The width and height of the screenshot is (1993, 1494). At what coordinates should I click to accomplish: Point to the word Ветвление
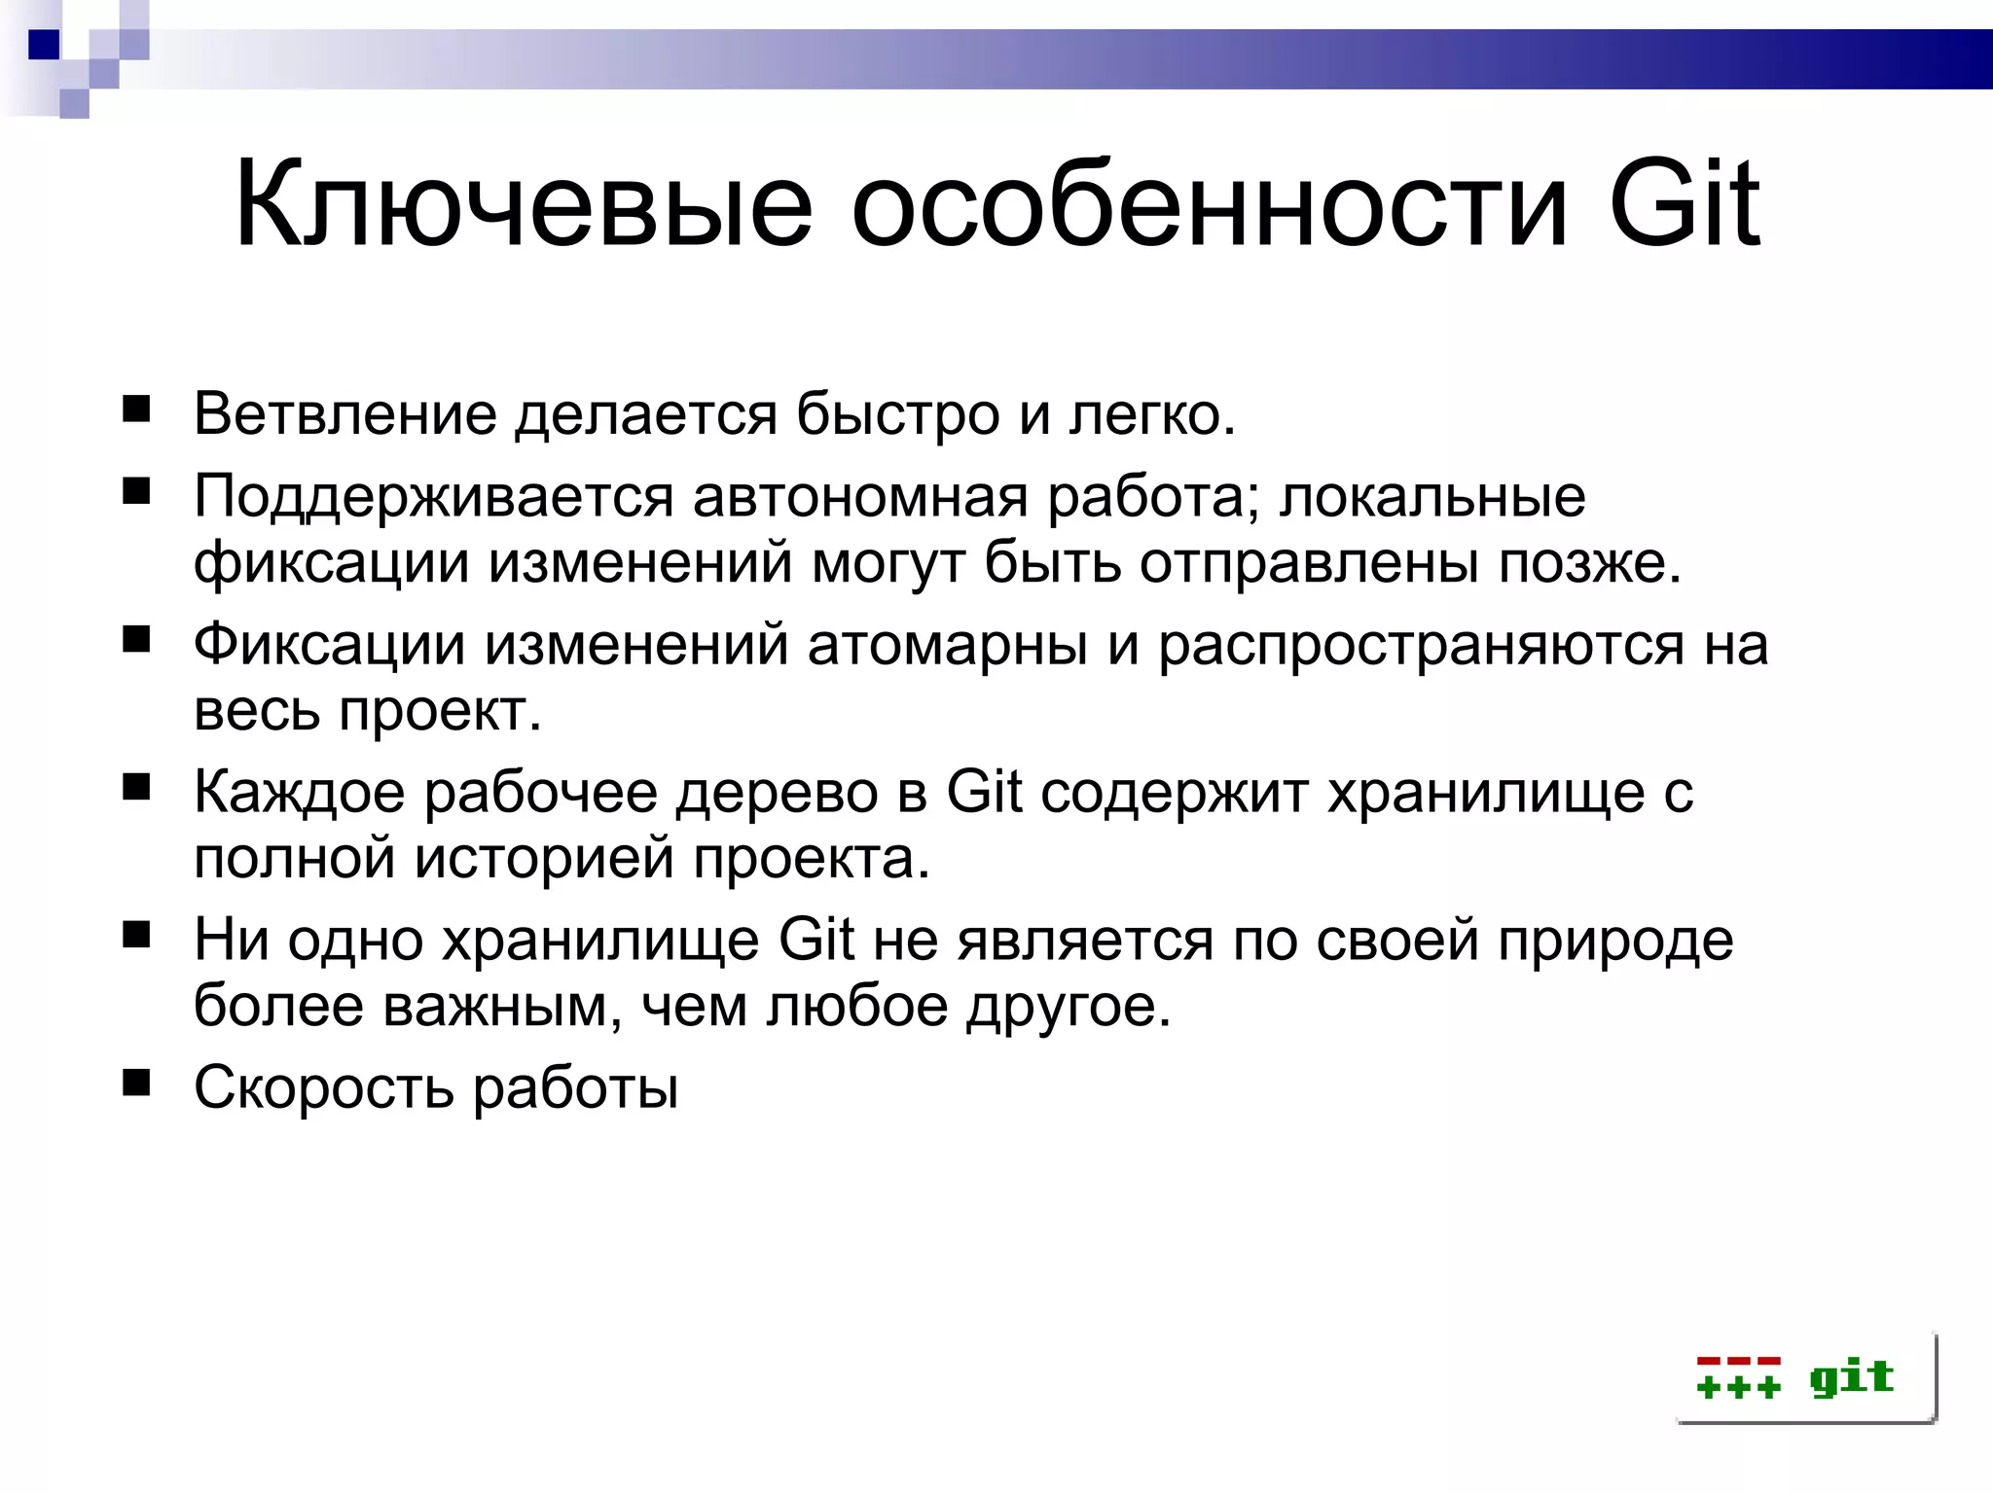coord(345,414)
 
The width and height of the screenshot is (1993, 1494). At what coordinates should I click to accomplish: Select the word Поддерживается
coord(433,496)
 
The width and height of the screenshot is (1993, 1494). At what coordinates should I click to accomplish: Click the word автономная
coord(860,496)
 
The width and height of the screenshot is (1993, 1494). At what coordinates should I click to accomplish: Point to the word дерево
coord(777,792)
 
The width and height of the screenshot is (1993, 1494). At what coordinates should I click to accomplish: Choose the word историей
coord(545,858)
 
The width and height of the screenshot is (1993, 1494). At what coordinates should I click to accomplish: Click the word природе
coord(1615,942)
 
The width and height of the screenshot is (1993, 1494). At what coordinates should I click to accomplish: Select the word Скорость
coord(323,1087)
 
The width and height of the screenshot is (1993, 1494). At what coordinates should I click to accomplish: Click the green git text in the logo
coord(1851,1377)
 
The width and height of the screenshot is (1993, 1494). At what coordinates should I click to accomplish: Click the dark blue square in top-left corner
coord(44,45)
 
